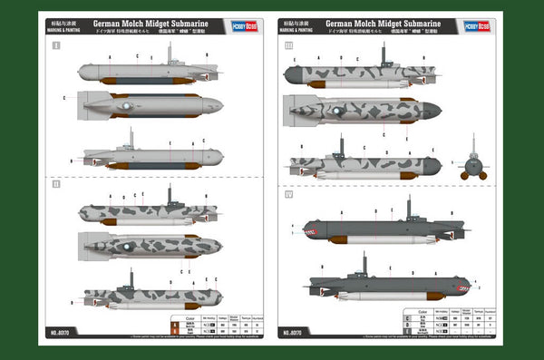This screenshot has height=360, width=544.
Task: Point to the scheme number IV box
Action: point(289,193)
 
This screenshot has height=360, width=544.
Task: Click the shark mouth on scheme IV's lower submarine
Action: point(461,290)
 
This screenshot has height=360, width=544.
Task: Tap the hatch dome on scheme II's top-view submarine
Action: point(128,246)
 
